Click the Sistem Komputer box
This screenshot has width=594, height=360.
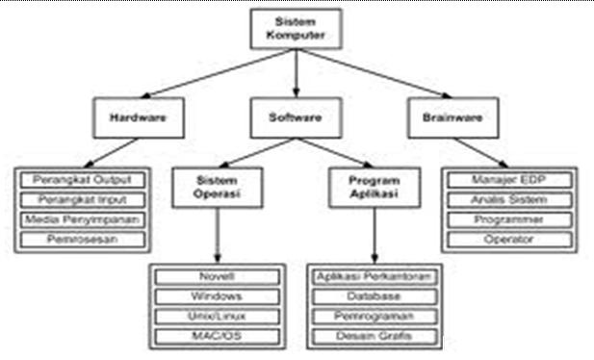[297, 29]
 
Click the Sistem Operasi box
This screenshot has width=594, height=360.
[215, 187]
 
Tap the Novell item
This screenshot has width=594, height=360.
[217, 277]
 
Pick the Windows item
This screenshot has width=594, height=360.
[217, 296]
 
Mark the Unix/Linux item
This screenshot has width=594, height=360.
[217, 316]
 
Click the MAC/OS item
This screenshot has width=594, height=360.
[217, 336]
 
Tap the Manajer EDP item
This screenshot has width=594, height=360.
[509, 180]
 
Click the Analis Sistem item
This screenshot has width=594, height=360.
[509, 199]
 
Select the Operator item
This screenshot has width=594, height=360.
[509, 239]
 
